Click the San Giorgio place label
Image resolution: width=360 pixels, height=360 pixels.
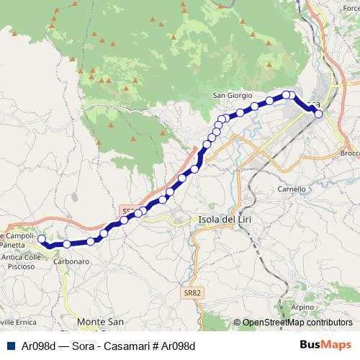click(x=232, y=94)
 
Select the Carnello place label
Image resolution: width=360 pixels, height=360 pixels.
click(x=292, y=189)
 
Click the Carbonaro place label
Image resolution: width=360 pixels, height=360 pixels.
click(x=71, y=261)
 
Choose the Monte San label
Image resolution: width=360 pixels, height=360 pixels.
click(x=101, y=321)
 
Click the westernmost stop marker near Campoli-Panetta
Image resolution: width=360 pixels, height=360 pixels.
click(x=42, y=239)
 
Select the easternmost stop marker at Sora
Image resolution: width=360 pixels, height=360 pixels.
click(x=318, y=114)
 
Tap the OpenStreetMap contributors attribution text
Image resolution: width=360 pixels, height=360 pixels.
click(x=297, y=323)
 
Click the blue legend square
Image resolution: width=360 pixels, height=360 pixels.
click(x=9, y=346)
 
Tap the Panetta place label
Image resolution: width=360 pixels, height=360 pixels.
click(x=14, y=245)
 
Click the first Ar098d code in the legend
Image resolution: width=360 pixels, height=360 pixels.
click(x=39, y=346)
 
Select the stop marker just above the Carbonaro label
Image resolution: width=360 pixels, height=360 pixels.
click(x=67, y=245)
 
